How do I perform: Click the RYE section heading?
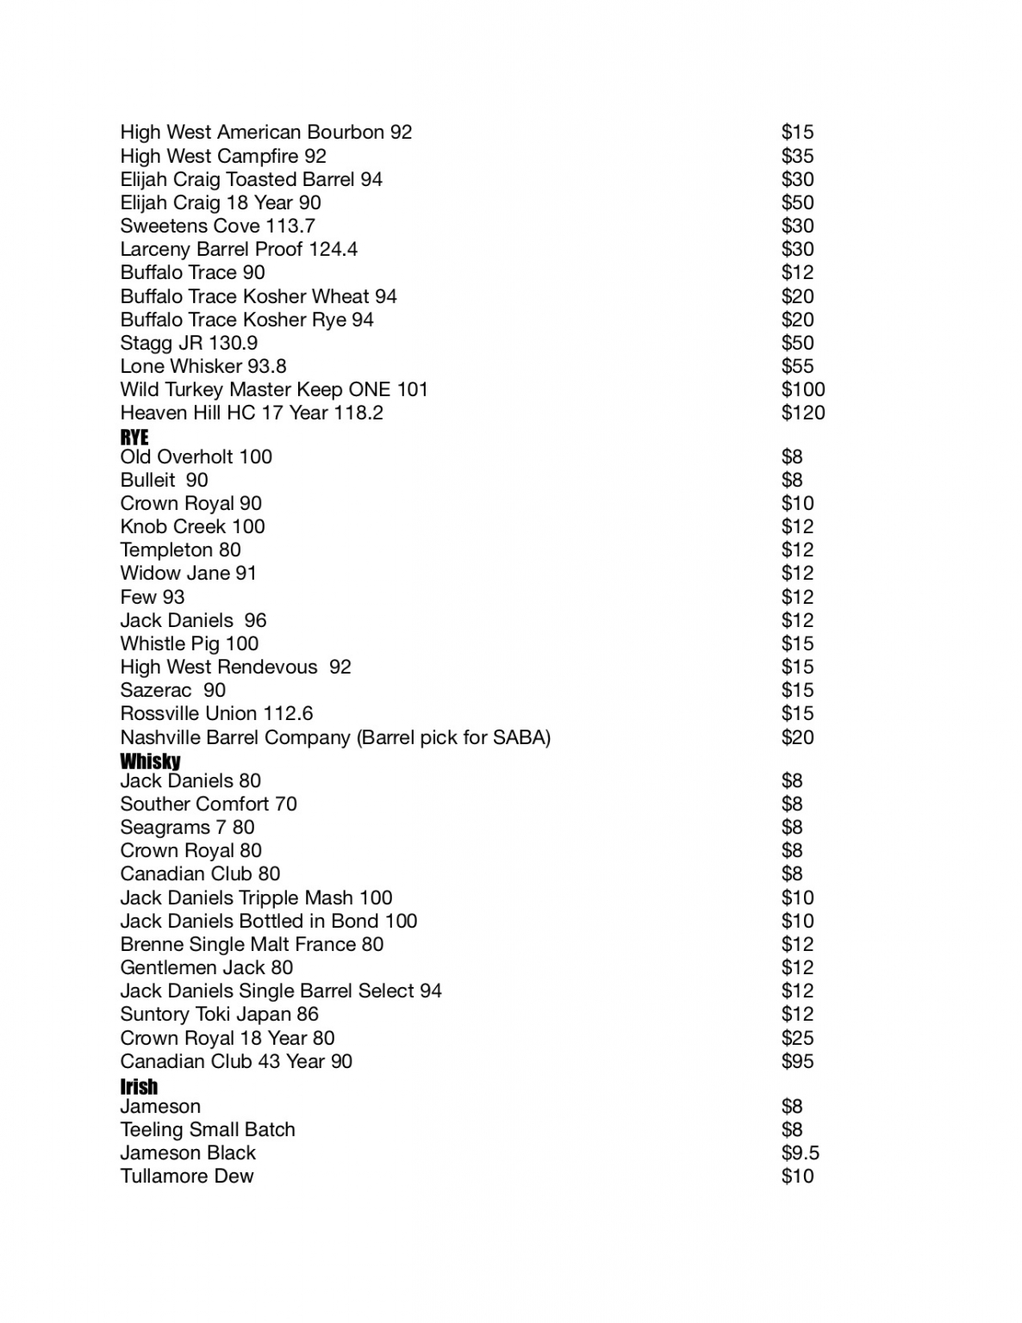click(134, 437)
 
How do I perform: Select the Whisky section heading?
click(150, 761)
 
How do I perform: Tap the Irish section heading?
click(139, 1086)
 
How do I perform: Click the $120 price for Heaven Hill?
click(802, 413)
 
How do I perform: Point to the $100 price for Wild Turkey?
click(802, 390)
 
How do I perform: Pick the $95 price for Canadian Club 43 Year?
click(797, 1062)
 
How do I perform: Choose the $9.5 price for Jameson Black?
click(800, 1153)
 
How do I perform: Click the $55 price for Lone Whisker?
click(797, 367)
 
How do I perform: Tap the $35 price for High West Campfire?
click(797, 157)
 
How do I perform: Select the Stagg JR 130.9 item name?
click(189, 344)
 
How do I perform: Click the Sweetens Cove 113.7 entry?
click(217, 227)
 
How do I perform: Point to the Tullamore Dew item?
click(187, 1177)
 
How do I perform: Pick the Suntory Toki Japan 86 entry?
click(219, 1015)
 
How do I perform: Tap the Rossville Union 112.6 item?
click(216, 714)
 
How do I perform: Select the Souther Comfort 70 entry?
click(209, 804)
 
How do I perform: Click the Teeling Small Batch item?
click(208, 1130)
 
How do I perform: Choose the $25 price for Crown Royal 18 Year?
click(797, 1039)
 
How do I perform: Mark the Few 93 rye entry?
click(153, 598)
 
